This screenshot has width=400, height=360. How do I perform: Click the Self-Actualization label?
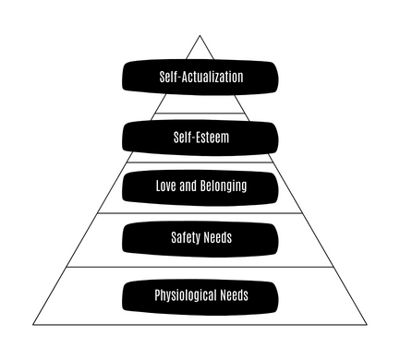[x=200, y=77]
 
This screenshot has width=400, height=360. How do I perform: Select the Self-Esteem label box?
[x=200, y=138]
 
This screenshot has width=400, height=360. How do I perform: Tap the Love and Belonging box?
[x=200, y=187]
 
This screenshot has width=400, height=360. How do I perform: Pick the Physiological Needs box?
[x=200, y=297]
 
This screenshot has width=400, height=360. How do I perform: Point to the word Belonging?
[x=224, y=186]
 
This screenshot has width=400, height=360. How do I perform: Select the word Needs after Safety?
[x=217, y=237]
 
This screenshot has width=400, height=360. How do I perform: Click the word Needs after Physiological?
[x=235, y=295]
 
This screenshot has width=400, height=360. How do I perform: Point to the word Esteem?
[x=213, y=138]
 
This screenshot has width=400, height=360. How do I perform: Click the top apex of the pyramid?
[x=200, y=35]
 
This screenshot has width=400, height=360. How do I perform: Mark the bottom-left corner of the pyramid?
[x=33, y=325]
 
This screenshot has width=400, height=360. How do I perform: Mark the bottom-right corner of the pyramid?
[x=367, y=325]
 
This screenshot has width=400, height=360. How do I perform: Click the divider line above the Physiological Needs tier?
[x=200, y=267]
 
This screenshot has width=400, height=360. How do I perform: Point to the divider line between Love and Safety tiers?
[x=200, y=213]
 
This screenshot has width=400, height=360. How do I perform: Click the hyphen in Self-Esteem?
[x=194, y=138]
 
